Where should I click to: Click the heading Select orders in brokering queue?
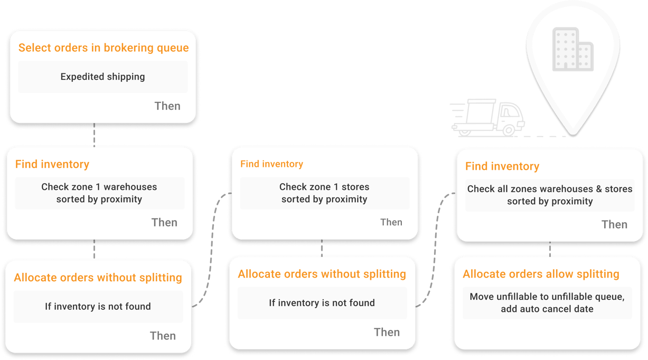tap(104, 48)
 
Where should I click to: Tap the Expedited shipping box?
tap(102, 77)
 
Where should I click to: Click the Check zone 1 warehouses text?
tap(99, 187)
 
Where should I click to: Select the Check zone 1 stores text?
tap(324, 187)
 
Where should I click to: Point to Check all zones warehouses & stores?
tap(550, 190)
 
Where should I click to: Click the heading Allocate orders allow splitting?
tap(541, 274)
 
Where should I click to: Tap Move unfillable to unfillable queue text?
tap(547, 297)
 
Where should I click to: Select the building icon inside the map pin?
tap(572, 50)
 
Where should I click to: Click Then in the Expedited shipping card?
tap(167, 106)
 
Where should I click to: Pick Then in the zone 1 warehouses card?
tap(164, 222)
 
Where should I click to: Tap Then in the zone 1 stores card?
tap(391, 222)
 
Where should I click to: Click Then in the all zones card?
tap(614, 224)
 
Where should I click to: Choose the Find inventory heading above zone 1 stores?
tap(271, 164)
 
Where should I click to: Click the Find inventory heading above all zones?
tap(502, 166)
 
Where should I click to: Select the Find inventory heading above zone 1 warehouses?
tap(52, 164)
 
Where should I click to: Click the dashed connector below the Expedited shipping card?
tap(95, 135)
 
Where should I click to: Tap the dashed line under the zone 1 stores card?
tap(322, 248)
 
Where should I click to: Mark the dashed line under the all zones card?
tap(550, 249)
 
